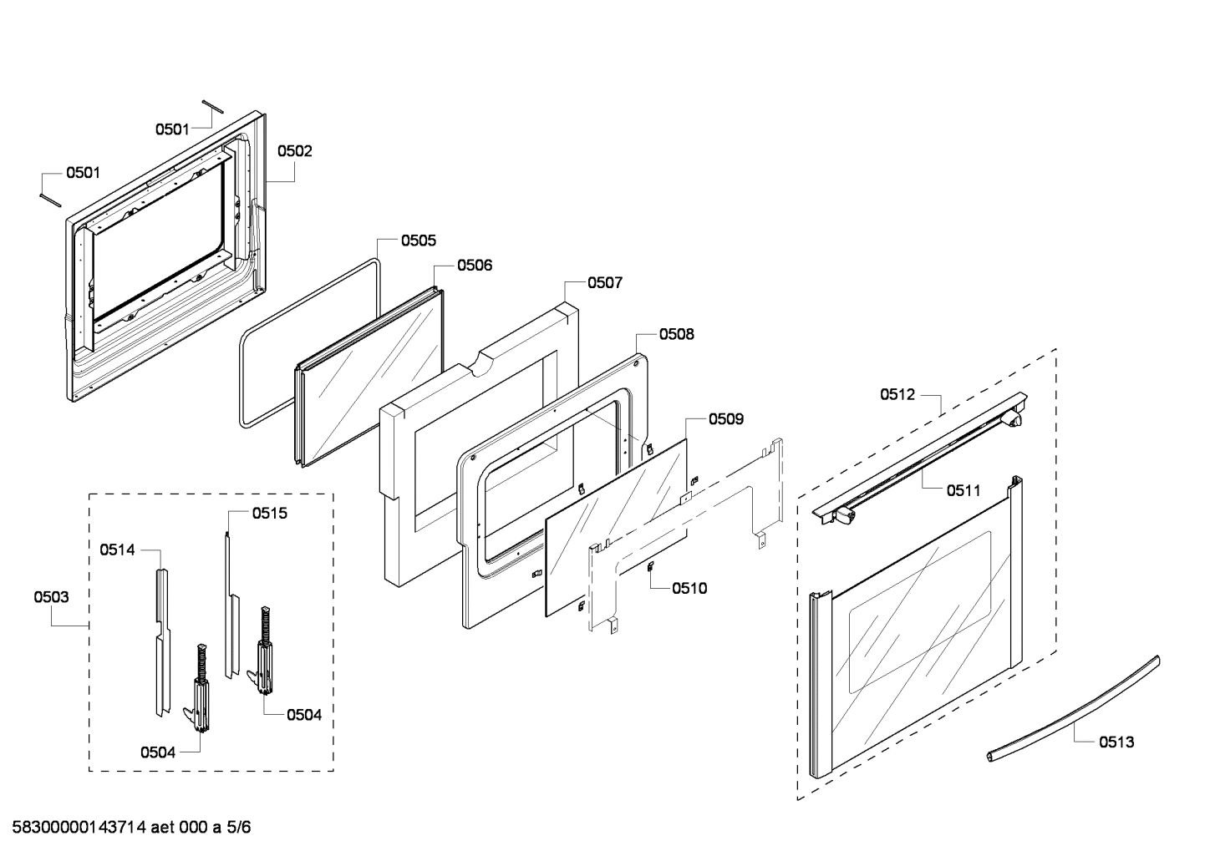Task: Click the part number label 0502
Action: (294, 151)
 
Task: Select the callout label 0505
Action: (418, 241)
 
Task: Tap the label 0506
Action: (474, 266)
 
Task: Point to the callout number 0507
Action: (604, 283)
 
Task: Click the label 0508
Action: (676, 334)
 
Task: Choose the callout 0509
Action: (725, 419)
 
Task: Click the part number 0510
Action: (689, 588)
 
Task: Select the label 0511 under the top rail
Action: (963, 491)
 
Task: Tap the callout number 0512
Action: (897, 395)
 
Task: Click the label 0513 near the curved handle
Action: (1116, 742)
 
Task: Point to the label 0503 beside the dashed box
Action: (51, 597)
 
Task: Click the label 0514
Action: (117, 550)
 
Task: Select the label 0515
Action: (269, 513)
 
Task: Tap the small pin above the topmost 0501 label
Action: (211, 104)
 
